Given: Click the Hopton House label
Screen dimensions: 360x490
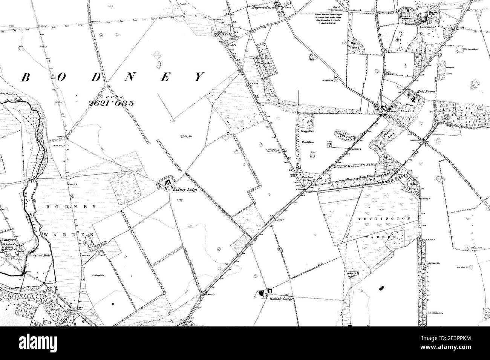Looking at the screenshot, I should (263, 7).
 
